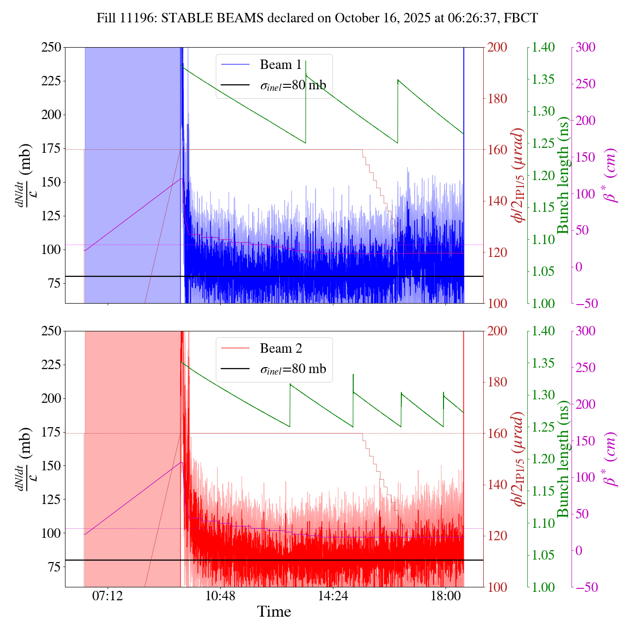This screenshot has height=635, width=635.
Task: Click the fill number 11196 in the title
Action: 136,18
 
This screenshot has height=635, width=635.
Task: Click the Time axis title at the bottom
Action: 274,612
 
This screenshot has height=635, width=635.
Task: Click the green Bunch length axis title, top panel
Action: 563,175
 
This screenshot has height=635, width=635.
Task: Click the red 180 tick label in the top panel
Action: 498,99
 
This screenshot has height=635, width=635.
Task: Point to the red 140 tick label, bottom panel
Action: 498,485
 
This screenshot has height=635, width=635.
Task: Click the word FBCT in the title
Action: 520,18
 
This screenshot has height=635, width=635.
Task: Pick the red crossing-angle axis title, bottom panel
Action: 519,459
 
